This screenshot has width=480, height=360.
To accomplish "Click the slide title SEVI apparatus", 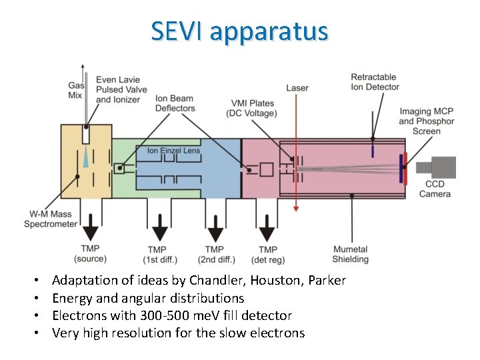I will [239, 31].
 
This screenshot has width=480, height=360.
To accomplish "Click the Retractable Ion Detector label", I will [375, 82].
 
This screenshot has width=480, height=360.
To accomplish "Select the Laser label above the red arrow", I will [297, 88].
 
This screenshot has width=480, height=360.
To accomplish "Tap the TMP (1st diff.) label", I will [159, 254].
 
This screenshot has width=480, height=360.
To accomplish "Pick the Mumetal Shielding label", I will [351, 254].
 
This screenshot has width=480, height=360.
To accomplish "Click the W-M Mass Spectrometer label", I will [51, 219].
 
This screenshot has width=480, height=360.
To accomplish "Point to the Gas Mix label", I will [75, 90].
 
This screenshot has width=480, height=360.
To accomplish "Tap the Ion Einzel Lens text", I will [173, 151].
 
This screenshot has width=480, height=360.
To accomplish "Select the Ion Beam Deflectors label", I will [175, 103].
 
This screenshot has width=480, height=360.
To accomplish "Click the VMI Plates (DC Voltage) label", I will [253, 108].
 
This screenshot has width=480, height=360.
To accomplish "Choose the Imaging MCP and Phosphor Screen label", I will [426, 121].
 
